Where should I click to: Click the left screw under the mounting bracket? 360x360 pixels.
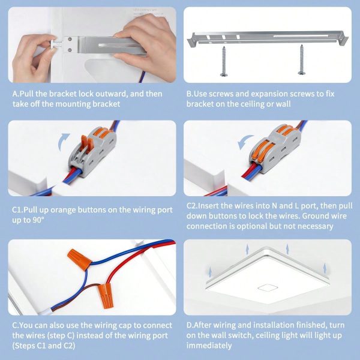point(223,61)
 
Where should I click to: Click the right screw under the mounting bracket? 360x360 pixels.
point(301,59)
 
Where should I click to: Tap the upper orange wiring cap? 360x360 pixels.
point(79,259)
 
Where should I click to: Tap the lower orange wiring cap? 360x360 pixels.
point(106,296)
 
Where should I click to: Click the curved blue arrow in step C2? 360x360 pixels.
point(245,142)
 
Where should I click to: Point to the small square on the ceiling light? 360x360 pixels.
point(268,287)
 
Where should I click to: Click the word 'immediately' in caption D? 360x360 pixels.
point(209,346)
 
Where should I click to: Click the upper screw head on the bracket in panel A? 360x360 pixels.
point(70,39)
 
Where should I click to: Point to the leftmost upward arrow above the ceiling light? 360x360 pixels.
point(209,272)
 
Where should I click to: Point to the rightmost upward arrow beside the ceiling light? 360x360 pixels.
point(325,268)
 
